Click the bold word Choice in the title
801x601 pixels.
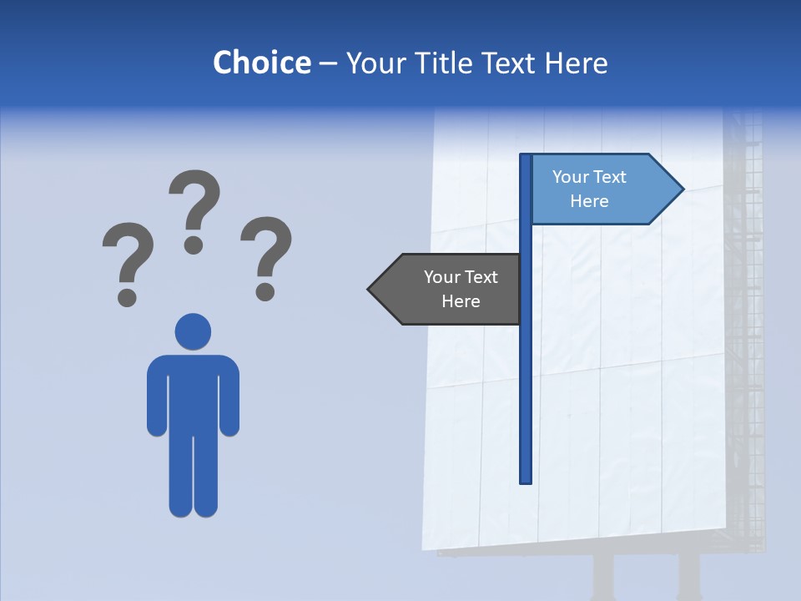coord(261,63)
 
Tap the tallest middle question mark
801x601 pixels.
coord(195,209)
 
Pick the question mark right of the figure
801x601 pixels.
coord(266,255)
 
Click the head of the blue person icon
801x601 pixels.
coord(193,331)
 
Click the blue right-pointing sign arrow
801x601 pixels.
coord(601,189)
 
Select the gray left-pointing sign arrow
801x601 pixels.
coord(451,289)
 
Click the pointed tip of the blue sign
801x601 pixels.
coord(682,189)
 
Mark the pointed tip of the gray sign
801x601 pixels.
coord(370,290)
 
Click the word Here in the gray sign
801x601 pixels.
coord(461,301)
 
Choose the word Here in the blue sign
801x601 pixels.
coord(589,201)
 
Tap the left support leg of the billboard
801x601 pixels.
coord(602,576)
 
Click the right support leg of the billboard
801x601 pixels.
coord(689,576)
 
